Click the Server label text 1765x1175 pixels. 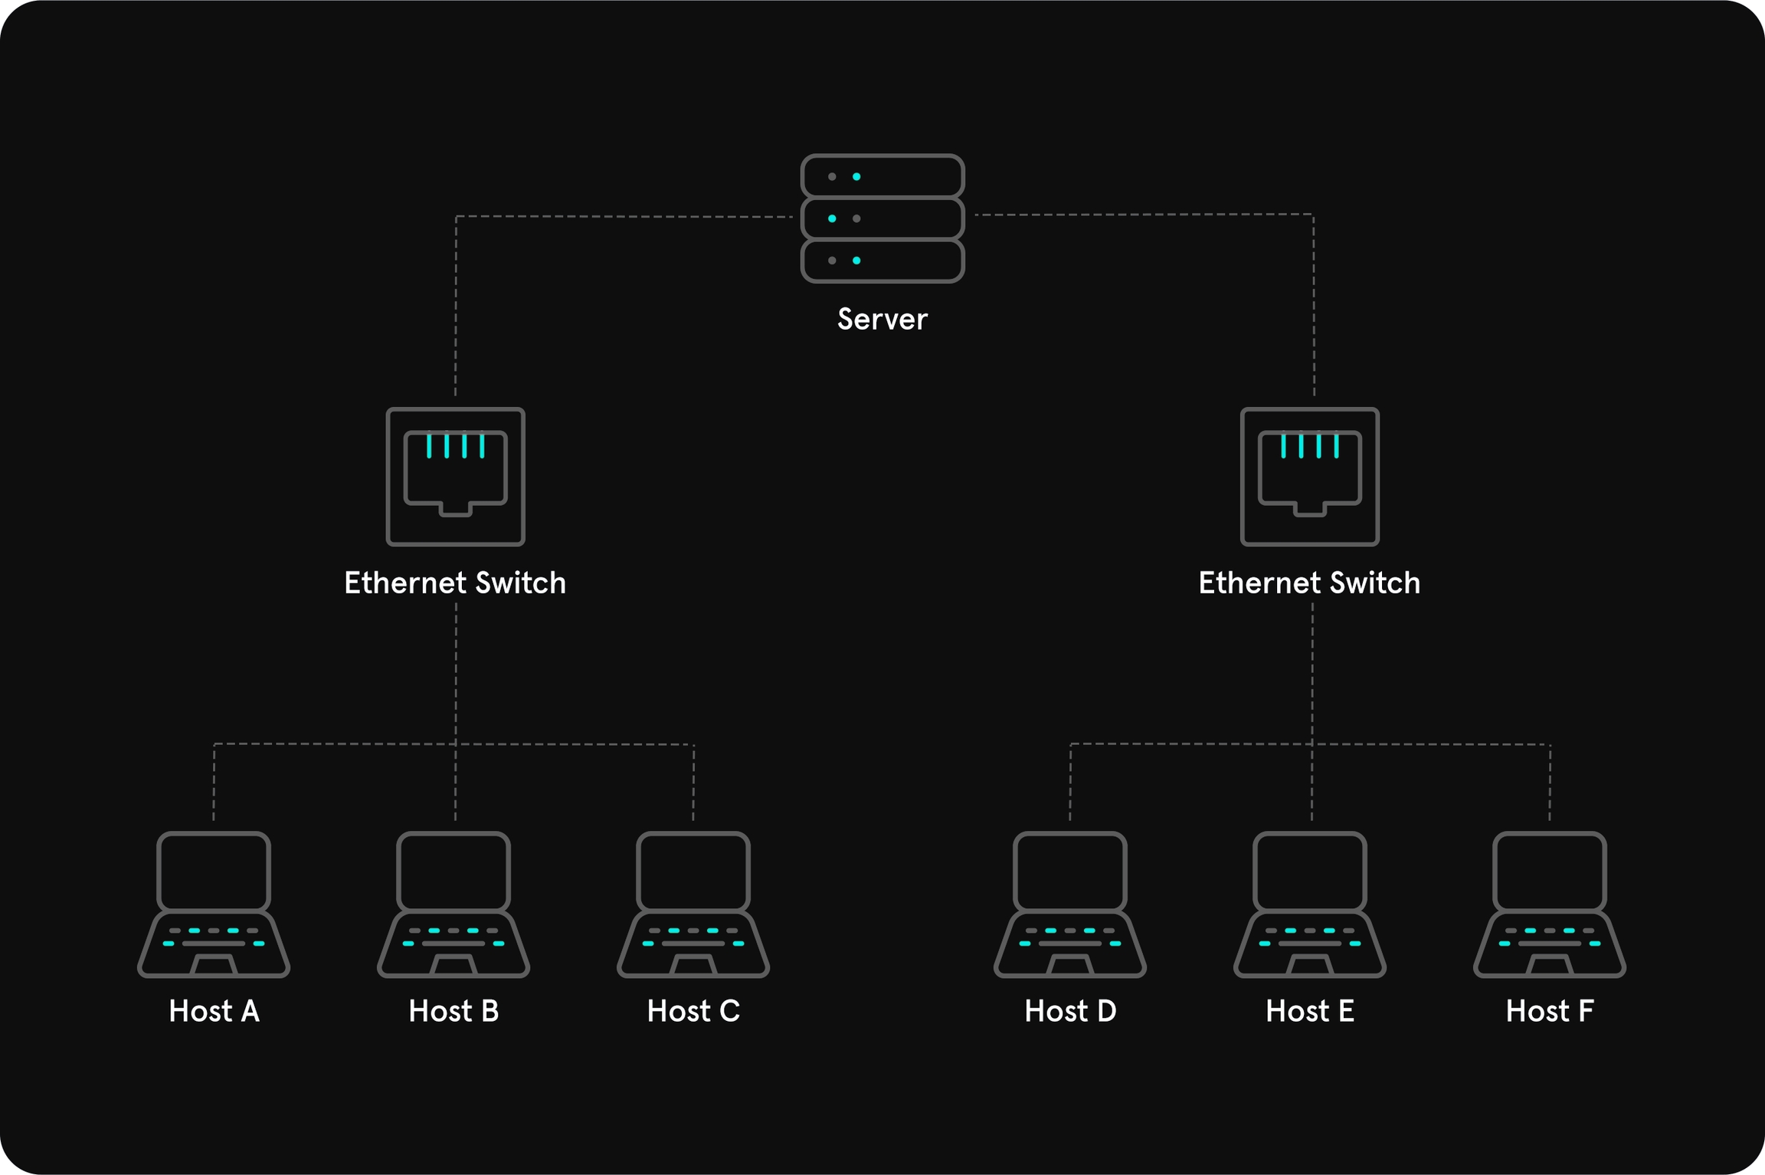882,319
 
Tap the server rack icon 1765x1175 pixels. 882,218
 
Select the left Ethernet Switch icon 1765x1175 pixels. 455,476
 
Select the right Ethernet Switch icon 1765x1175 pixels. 1309,476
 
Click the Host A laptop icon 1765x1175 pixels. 214,904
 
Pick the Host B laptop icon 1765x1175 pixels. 454,904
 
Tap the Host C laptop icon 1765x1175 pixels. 693,904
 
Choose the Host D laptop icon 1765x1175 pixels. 1069,904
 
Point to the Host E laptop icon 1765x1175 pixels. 1309,904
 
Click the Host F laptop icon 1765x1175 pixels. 1549,904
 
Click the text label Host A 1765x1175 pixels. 214,1011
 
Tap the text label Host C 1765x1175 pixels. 693,1011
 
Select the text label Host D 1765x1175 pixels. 1070,1011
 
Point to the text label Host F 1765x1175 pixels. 1549,1011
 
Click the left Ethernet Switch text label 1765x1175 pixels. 455,583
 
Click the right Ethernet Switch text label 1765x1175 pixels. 1309,583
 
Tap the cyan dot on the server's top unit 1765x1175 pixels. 856,177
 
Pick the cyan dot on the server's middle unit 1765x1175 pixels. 832,218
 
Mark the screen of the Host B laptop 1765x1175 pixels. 454,871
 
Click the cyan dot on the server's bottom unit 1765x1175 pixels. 856,261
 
